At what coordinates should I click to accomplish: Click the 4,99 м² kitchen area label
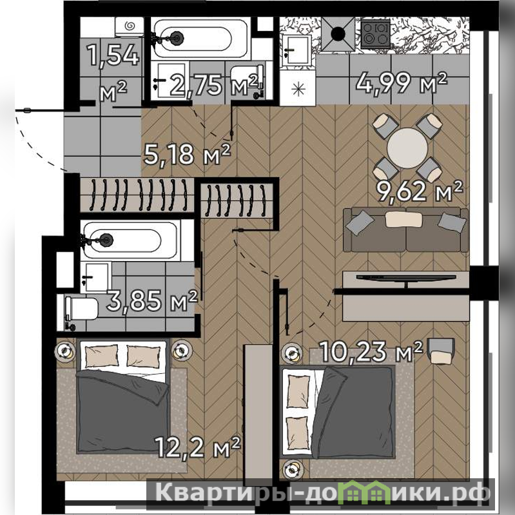[x=402, y=83]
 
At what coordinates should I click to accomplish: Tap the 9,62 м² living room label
[x=420, y=191]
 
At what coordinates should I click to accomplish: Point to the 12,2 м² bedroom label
[x=197, y=447]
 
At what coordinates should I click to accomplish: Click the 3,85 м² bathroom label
[x=152, y=300]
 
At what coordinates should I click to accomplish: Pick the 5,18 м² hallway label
[x=187, y=154]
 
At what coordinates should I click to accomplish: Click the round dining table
[x=407, y=148]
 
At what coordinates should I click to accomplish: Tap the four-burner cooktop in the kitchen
[x=376, y=34]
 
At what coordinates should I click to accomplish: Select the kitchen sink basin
[x=297, y=50]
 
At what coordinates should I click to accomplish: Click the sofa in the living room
[x=406, y=229]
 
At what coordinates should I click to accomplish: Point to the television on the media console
[x=406, y=278]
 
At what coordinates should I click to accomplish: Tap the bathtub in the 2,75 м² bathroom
[x=200, y=39]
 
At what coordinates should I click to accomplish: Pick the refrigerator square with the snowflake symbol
[x=298, y=89]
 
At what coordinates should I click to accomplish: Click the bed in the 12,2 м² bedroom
[x=123, y=398]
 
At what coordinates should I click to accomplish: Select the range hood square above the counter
[x=338, y=34]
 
